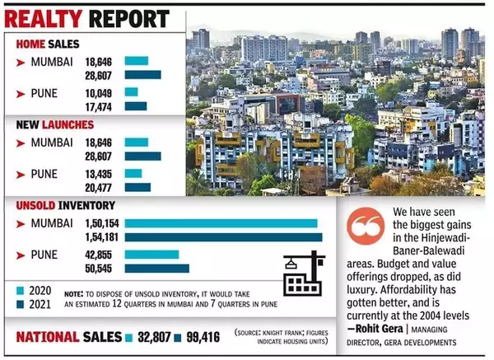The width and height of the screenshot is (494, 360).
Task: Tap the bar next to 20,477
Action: pos(137,188)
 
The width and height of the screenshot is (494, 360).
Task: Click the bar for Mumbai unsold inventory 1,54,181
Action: pos(223,237)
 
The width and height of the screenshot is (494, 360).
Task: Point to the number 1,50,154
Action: pos(98,222)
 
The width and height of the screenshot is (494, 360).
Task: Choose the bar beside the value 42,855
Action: pos(151,253)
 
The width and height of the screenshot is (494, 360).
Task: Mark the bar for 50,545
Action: pos(156,268)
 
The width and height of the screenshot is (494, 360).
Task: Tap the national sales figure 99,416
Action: pos(205,337)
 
